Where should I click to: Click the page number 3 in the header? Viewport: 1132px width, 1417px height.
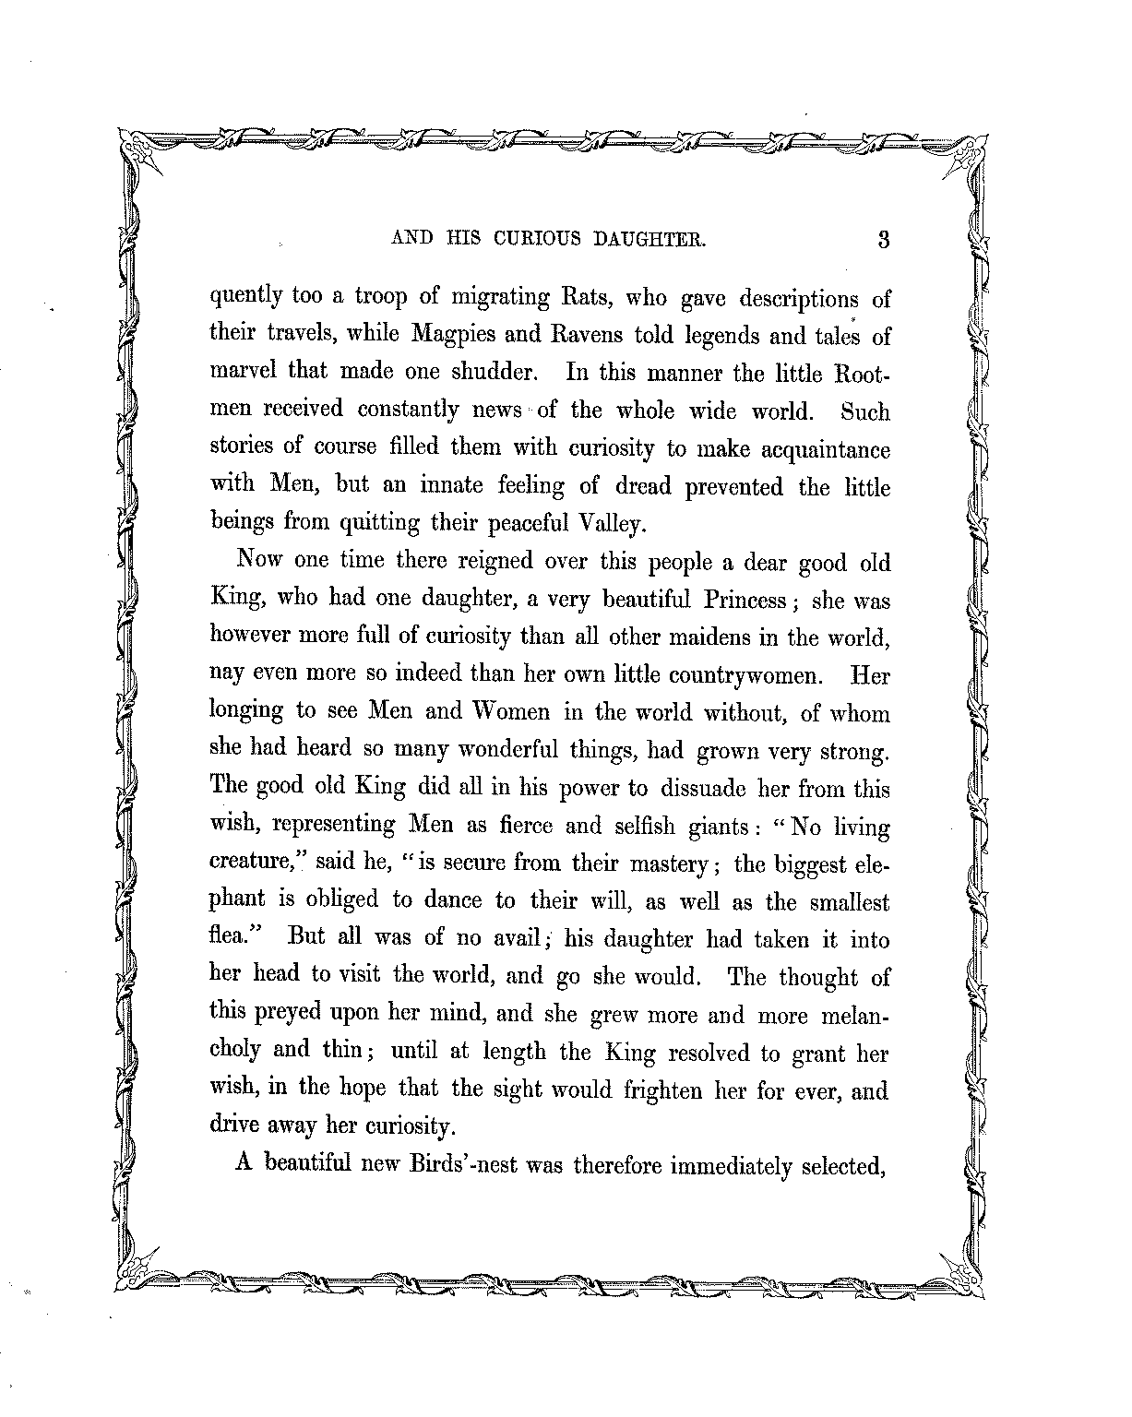[x=883, y=240]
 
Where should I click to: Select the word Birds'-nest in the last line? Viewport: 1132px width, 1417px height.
[x=463, y=1164]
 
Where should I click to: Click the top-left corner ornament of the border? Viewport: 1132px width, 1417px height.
[x=140, y=149]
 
